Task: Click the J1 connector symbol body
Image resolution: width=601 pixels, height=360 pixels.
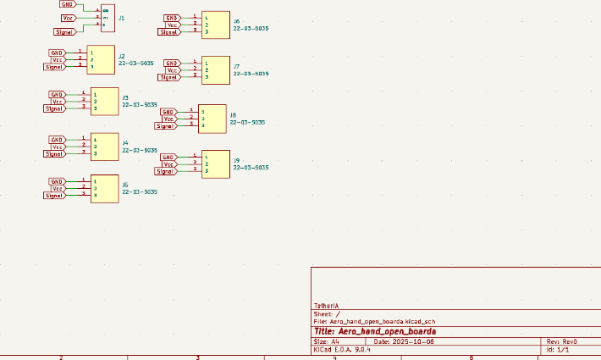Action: pos(108,18)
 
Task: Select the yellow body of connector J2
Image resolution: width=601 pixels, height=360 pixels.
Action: pos(101,59)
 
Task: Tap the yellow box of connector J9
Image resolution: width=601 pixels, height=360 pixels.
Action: pos(216,163)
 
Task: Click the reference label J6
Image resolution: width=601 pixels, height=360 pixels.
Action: pos(237,20)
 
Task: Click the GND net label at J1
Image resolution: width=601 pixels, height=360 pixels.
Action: pos(67,4)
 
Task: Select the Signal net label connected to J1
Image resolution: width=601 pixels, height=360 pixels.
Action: pos(65,31)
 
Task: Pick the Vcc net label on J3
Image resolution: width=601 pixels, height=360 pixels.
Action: pos(58,102)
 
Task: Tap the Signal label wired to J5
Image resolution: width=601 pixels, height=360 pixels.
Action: pos(56,196)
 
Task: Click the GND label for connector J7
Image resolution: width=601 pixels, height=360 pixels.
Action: pos(172,63)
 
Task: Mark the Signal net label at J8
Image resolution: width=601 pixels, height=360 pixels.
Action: pos(164,125)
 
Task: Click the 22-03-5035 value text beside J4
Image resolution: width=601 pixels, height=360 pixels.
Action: pos(139,150)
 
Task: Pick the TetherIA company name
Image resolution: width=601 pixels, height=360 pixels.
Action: pos(327,305)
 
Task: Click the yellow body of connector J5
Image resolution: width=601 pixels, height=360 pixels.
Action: pos(104,188)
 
